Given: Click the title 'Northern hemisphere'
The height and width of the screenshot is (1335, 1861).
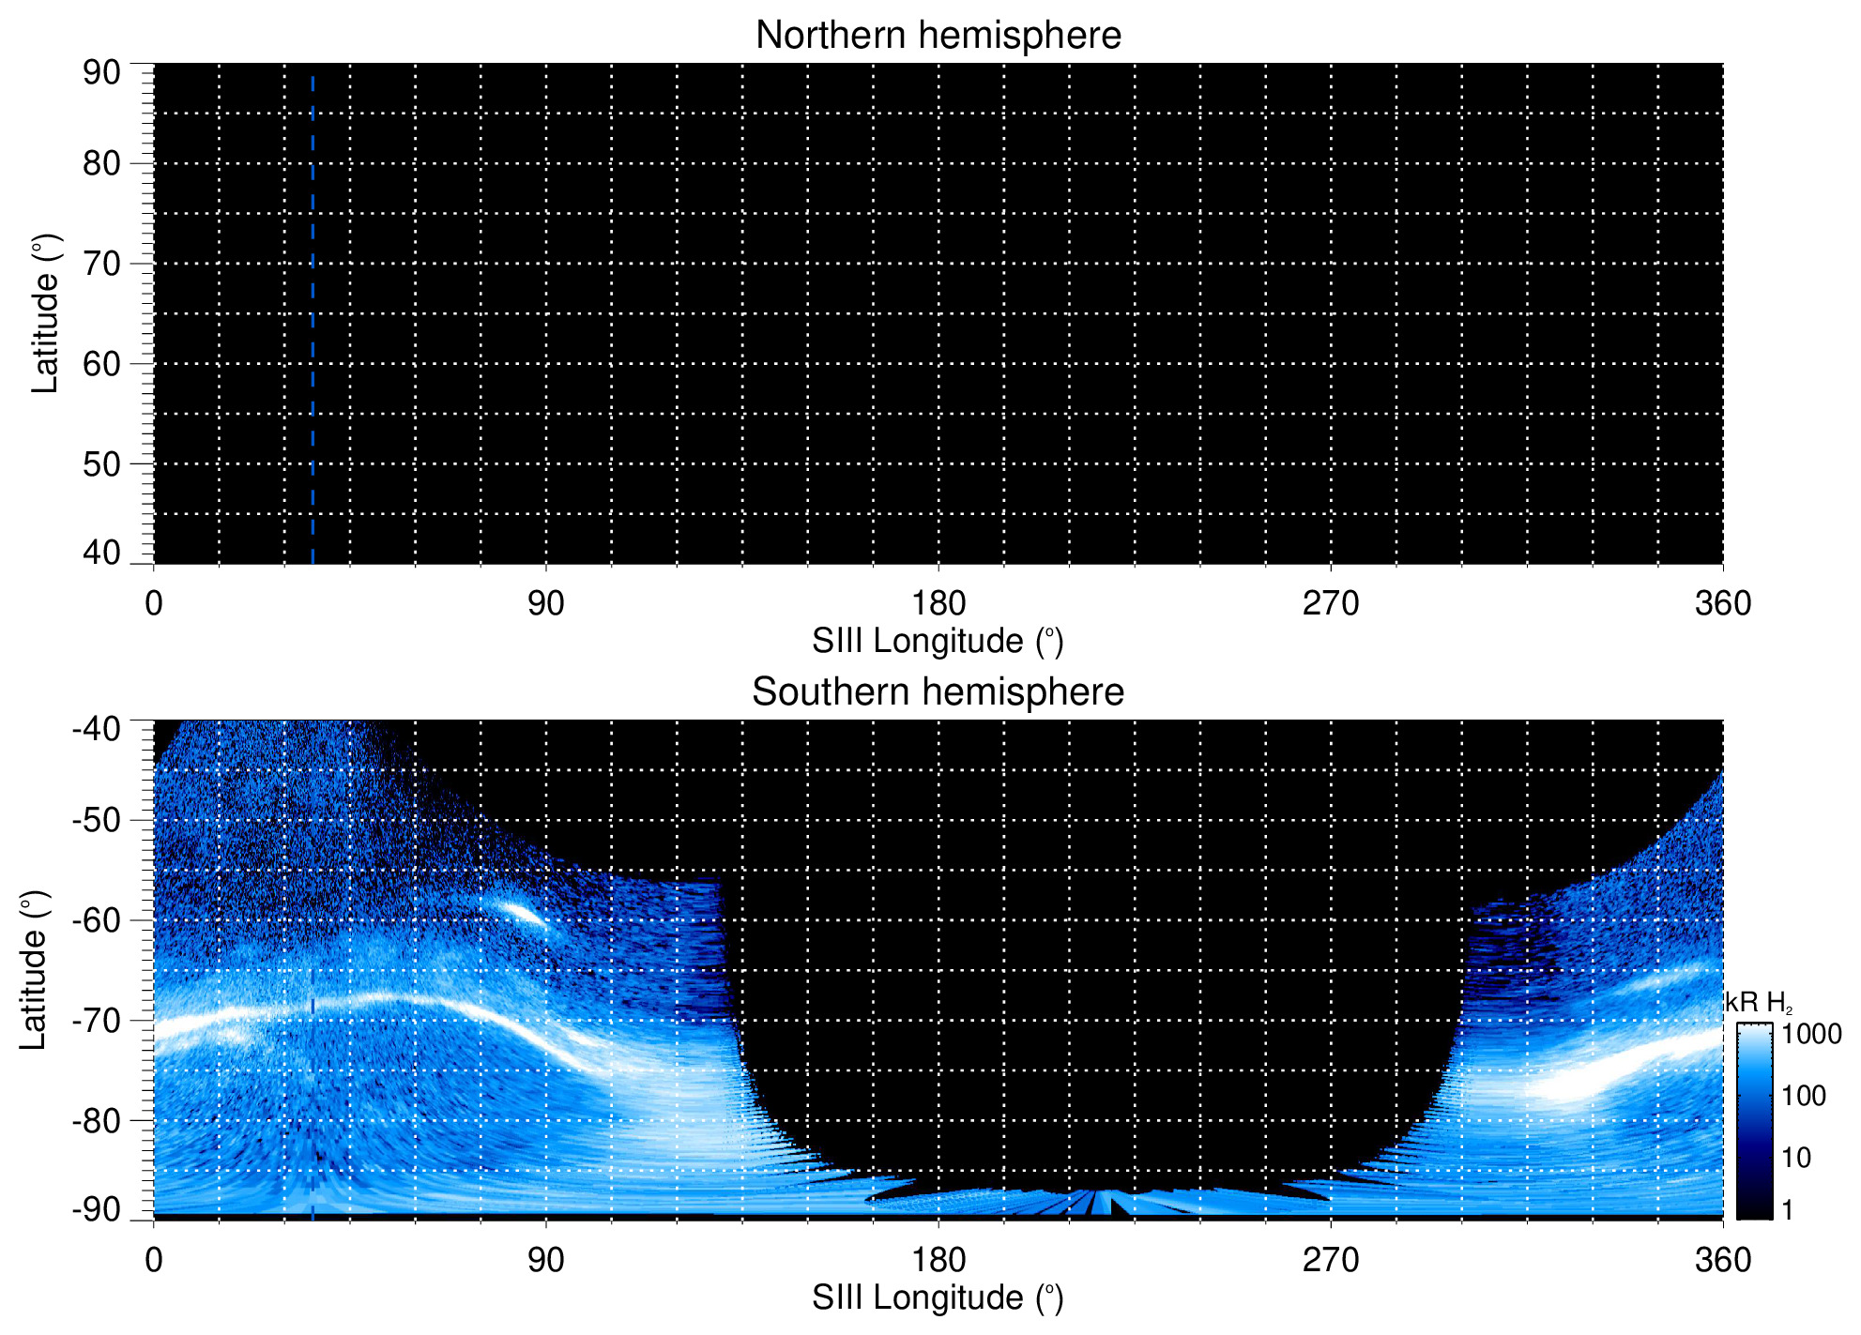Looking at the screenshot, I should click(938, 36).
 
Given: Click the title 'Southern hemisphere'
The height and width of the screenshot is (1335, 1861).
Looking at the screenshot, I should click(938, 692).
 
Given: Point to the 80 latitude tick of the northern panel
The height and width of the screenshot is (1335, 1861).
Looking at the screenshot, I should click(102, 163).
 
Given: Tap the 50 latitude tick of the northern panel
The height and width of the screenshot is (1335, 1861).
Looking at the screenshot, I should click(102, 463).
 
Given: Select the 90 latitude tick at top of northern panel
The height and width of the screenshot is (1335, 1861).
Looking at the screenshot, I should click(102, 72).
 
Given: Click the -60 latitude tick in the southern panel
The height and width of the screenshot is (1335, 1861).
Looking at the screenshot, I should click(97, 919).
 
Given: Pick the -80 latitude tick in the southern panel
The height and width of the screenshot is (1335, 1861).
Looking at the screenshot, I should click(97, 1120).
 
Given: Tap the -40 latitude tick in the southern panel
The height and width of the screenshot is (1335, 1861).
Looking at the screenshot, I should click(97, 729).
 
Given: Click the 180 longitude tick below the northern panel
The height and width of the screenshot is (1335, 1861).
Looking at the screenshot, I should click(938, 603).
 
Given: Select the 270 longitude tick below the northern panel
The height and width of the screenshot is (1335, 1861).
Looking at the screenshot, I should click(1331, 603).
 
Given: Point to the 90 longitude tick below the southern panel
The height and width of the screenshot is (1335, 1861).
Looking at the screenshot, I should click(546, 1260).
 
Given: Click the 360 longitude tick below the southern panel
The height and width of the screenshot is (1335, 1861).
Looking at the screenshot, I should click(1723, 1260).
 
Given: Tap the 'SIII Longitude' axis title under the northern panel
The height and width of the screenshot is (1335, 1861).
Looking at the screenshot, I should click(938, 642).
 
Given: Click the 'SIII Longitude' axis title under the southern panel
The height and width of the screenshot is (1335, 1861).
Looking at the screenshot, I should click(938, 1298).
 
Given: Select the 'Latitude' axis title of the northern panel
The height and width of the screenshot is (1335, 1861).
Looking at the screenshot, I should click(45, 313).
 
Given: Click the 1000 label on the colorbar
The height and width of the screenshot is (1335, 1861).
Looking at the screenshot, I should click(1811, 1034).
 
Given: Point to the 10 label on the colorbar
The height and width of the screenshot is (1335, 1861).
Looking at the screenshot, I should click(1796, 1158).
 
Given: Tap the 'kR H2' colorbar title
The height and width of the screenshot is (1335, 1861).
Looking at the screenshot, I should click(1759, 1003).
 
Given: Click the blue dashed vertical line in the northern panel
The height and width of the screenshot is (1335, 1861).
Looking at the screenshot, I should click(313, 319).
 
